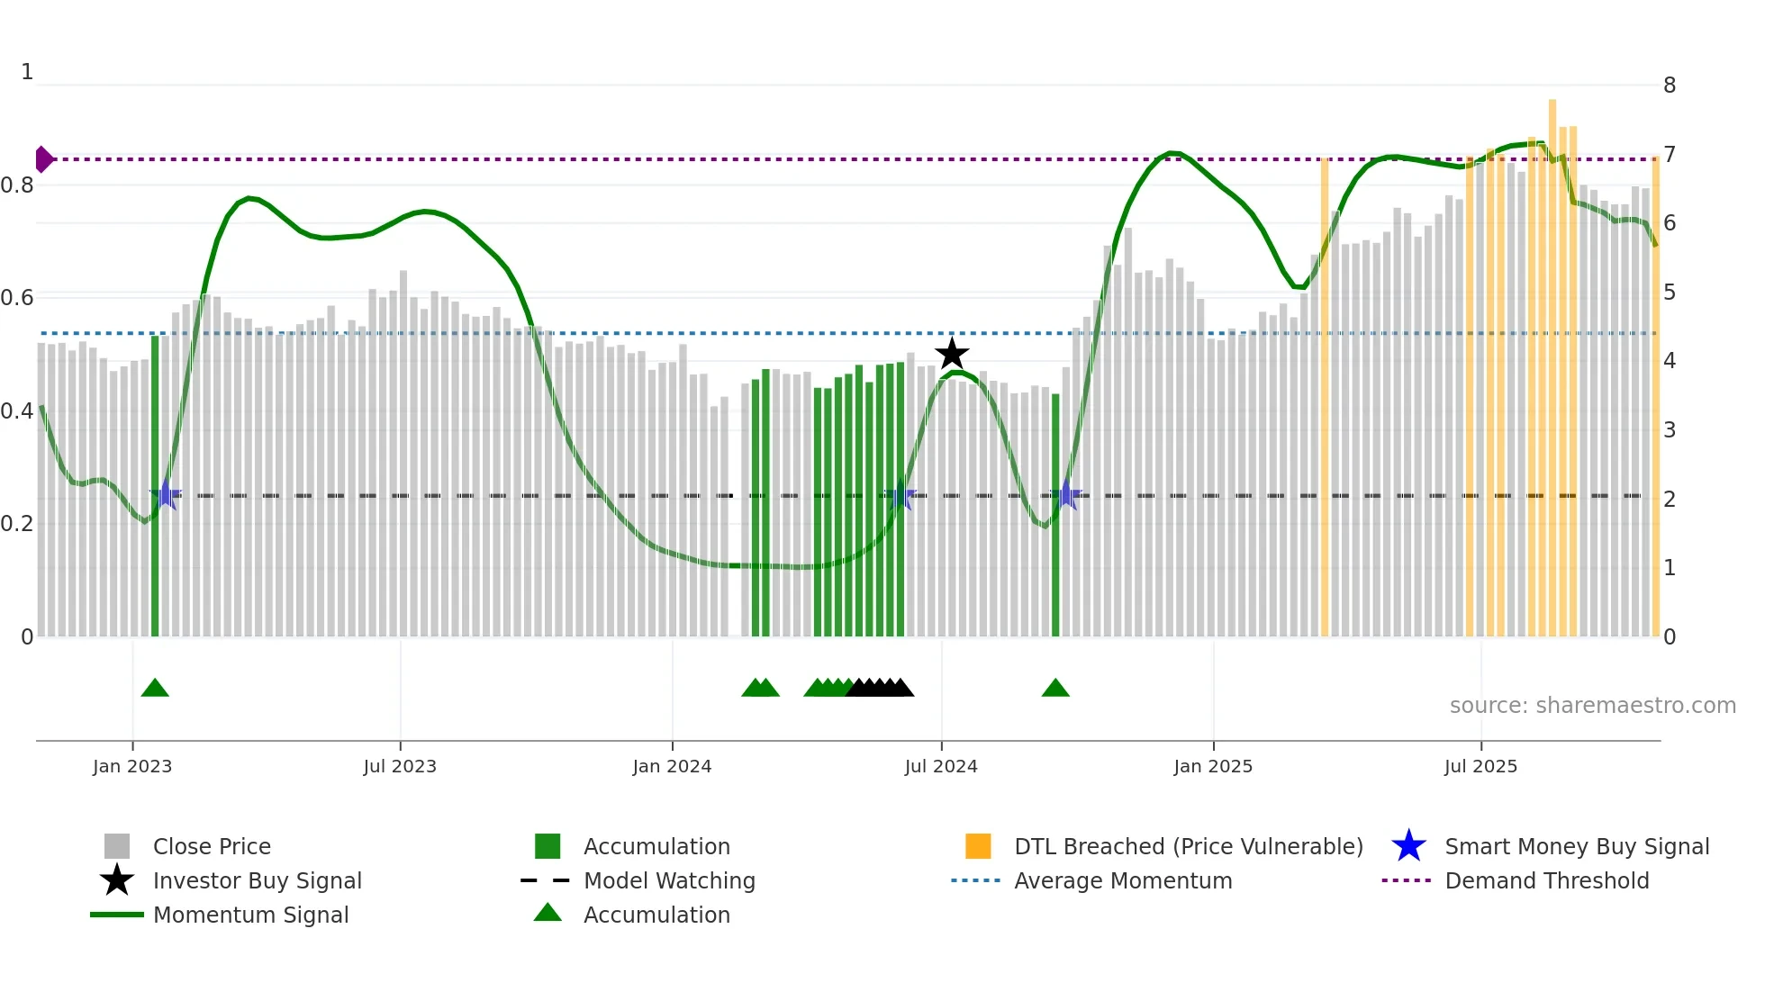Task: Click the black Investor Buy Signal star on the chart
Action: (x=952, y=354)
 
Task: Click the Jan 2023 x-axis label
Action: (x=132, y=766)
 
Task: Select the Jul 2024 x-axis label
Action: (x=941, y=766)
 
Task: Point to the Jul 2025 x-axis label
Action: (x=1480, y=766)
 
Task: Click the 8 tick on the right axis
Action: (x=1670, y=86)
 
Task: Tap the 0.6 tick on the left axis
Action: (x=18, y=298)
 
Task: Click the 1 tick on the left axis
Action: (x=27, y=72)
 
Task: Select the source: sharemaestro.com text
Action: (x=1592, y=706)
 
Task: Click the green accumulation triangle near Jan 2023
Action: (x=155, y=689)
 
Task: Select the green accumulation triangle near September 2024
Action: (x=1055, y=689)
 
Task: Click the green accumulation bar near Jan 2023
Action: (x=155, y=486)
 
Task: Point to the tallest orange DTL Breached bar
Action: (x=1552, y=360)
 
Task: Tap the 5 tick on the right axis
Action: (x=1670, y=293)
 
